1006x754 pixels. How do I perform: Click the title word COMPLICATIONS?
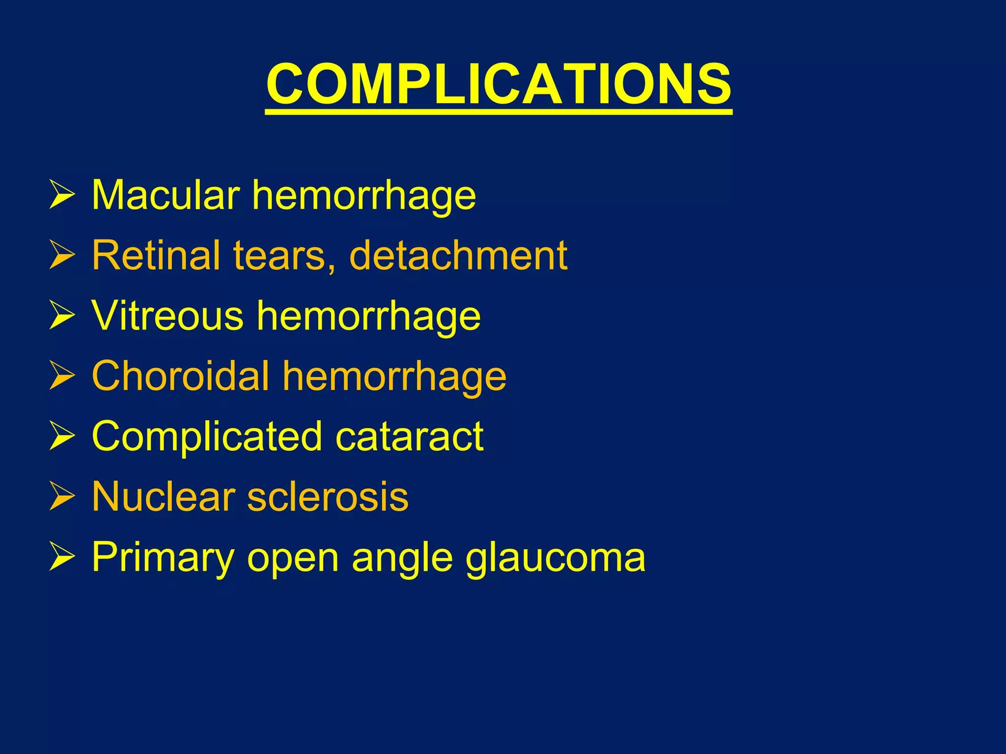[499, 84]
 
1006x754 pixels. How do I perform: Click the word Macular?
[166, 195]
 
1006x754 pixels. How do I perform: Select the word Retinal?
[156, 255]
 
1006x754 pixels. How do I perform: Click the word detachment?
[458, 255]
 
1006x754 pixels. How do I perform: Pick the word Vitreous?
[168, 316]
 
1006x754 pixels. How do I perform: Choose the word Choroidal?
[181, 376]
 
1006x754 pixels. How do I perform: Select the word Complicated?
[207, 437]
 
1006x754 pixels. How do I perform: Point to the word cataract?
[410, 437]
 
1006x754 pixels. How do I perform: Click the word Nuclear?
[164, 497]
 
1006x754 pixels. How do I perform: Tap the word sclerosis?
[328, 497]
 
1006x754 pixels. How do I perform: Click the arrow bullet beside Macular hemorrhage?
[62, 195]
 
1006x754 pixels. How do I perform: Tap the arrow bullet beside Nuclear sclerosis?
[62, 497]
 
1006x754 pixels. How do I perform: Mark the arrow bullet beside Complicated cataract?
[62, 436]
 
